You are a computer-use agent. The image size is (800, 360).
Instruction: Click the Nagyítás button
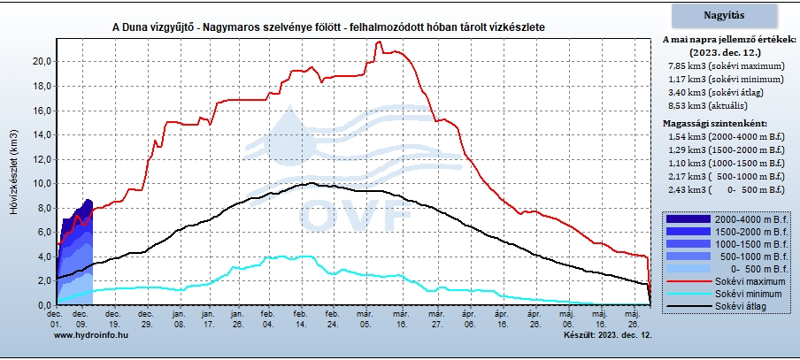coord(729,15)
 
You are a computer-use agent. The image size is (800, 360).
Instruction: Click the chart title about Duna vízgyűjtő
coord(328,27)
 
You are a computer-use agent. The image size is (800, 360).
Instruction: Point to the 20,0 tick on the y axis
coord(41,61)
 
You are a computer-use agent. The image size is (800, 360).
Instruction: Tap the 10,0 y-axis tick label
coord(41,183)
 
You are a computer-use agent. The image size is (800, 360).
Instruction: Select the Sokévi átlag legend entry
coord(743,305)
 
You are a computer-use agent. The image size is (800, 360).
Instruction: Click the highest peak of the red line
coord(379,42)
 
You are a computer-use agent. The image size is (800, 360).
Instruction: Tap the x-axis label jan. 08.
coord(179,318)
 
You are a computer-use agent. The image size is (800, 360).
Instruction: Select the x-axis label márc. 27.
coord(435,318)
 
